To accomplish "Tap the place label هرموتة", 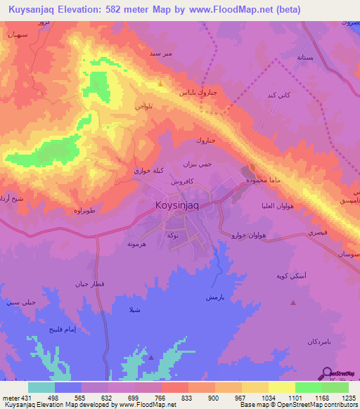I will [136, 244].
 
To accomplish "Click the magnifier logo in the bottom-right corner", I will [327, 373].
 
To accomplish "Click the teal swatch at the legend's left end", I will [41, 387].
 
